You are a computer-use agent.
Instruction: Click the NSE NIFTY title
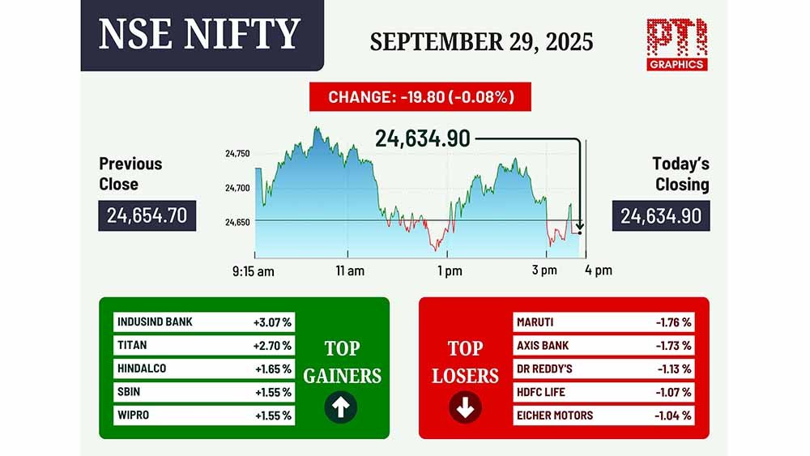(199, 34)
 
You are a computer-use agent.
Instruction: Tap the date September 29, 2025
(481, 42)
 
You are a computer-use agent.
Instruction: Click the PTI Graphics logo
(676, 45)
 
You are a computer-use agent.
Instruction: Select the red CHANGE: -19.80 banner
(420, 96)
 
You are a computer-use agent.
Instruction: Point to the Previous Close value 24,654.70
(147, 215)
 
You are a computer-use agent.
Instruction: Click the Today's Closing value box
(661, 216)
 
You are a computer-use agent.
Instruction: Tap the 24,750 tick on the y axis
(237, 153)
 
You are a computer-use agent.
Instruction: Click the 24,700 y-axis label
(237, 188)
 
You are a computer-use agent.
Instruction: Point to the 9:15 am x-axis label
(253, 271)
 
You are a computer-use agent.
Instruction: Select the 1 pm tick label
(450, 271)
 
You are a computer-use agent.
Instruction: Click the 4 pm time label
(599, 270)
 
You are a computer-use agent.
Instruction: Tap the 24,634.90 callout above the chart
(423, 139)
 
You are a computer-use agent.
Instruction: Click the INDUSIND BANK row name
(155, 322)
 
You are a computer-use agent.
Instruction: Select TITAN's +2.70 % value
(272, 346)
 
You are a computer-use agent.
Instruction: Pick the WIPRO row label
(134, 416)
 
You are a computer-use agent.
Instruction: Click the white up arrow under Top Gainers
(340, 407)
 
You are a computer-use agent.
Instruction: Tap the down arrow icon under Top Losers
(465, 407)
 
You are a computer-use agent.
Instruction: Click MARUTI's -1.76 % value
(674, 322)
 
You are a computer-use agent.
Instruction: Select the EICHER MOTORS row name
(555, 416)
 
